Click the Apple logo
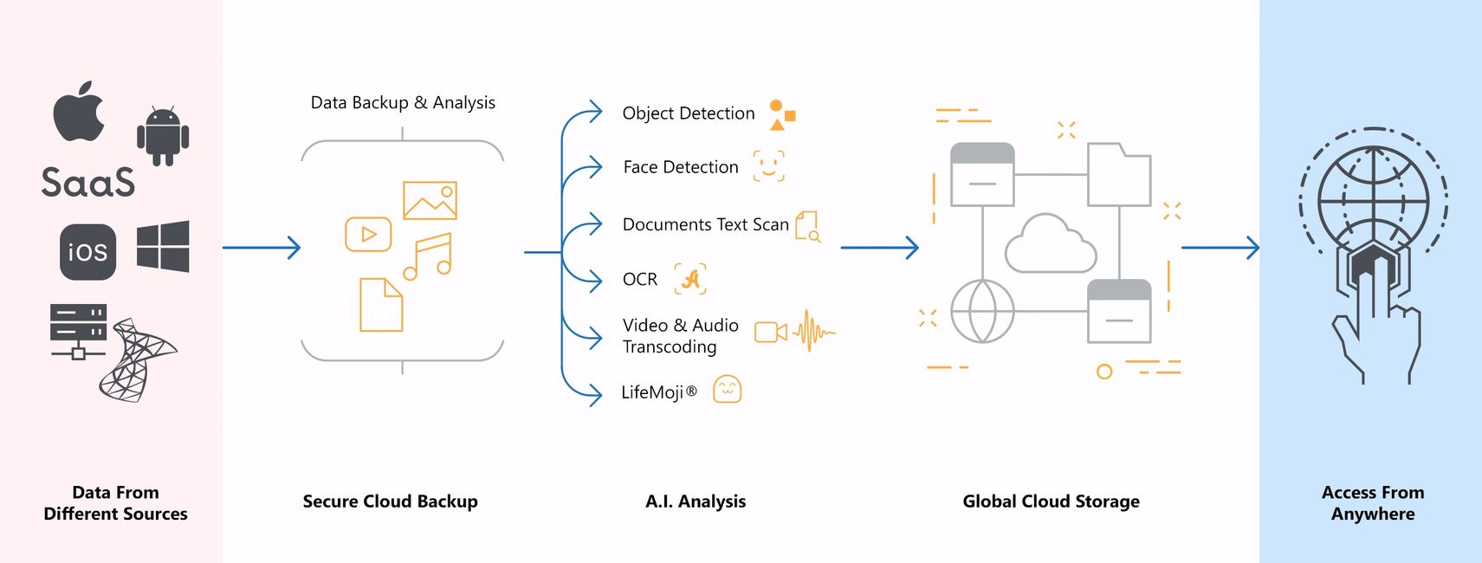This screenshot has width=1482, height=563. (x=79, y=112)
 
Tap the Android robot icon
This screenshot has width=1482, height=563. (x=163, y=136)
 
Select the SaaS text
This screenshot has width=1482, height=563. (x=88, y=183)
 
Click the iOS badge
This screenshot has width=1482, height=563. (x=87, y=252)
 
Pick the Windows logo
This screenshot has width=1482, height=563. (x=163, y=246)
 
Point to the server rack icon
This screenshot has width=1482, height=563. (x=78, y=330)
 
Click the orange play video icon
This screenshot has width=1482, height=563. (x=368, y=234)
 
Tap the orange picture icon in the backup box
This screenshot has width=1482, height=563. (x=430, y=201)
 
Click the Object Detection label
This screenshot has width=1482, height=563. (x=689, y=113)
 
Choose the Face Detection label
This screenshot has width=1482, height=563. (x=681, y=167)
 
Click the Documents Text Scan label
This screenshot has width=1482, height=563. (x=705, y=225)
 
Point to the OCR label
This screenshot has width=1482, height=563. (x=640, y=280)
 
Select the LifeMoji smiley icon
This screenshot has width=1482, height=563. (x=727, y=390)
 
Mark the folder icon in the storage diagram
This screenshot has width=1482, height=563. (x=1119, y=175)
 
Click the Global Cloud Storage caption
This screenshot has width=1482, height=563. (x=1051, y=502)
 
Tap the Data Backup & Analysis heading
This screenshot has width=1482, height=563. (x=403, y=103)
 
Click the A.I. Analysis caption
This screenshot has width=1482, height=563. (x=696, y=502)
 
